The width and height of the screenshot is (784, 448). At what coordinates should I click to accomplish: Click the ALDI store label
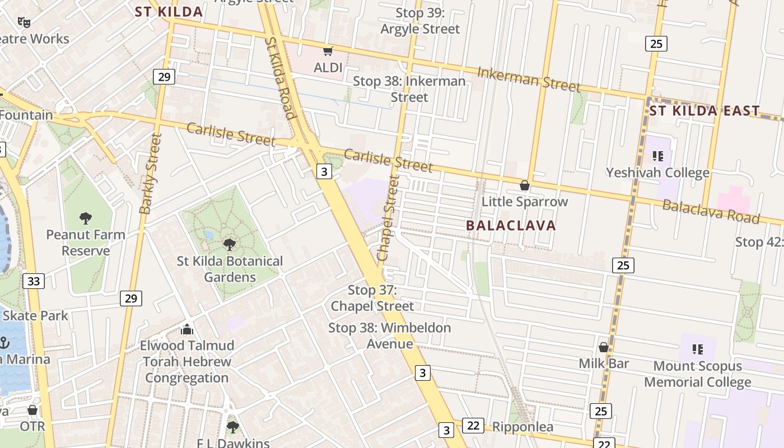(x=328, y=68)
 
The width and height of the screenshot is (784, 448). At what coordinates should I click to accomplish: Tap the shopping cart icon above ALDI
(x=328, y=52)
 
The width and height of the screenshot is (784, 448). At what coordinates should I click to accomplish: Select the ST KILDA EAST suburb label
(x=704, y=111)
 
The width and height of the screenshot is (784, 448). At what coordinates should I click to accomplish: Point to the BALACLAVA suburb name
(x=511, y=226)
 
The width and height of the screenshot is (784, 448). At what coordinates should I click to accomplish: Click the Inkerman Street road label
(x=528, y=80)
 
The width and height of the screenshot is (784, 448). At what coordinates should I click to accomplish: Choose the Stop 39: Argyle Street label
(x=420, y=21)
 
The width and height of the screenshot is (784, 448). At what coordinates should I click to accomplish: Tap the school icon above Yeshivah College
(x=657, y=156)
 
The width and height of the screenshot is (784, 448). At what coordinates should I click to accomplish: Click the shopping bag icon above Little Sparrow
(x=525, y=185)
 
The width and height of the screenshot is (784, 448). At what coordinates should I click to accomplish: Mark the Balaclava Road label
(x=711, y=211)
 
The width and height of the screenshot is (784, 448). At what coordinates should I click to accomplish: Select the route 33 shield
(x=34, y=281)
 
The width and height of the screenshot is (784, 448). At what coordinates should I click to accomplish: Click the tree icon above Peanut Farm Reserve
(x=86, y=218)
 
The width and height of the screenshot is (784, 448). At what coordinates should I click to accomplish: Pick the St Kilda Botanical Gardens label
(x=230, y=269)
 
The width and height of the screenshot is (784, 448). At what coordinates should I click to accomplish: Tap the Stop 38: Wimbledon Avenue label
(x=390, y=335)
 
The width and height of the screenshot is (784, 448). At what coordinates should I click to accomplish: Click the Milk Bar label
(x=604, y=363)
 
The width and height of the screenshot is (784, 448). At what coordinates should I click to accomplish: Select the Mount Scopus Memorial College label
(x=697, y=374)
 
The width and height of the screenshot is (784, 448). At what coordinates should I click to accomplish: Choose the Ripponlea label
(x=522, y=427)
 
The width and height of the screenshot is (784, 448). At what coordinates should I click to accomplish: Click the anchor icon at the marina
(x=4, y=342)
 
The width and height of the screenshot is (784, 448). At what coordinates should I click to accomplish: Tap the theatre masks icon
(x=23, y=22)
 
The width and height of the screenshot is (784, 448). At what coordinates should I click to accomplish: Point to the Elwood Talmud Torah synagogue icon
(x=187, y=329)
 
